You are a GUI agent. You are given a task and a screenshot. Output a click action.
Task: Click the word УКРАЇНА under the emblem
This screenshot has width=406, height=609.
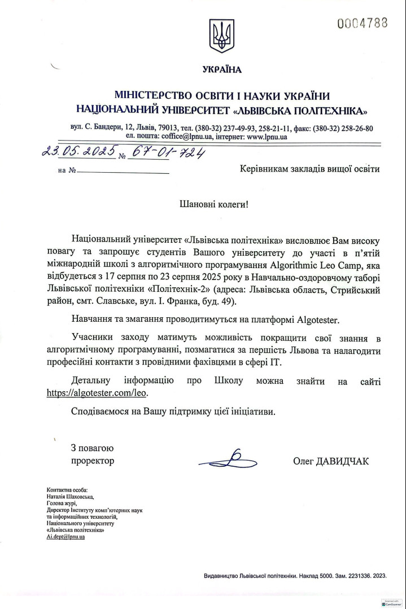click(221, 70)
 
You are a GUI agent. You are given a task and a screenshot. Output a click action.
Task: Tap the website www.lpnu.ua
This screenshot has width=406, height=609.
click(267, 137)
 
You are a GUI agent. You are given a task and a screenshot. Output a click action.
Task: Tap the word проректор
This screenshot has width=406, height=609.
click(93, 461)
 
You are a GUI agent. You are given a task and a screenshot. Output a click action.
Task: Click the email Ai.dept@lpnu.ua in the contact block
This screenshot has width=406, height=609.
click(66, 537)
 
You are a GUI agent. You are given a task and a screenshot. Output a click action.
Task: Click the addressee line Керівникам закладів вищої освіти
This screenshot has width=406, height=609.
click(309, 168)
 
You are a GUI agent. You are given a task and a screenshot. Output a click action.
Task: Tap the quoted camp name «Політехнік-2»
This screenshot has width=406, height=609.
click(176, 288)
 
